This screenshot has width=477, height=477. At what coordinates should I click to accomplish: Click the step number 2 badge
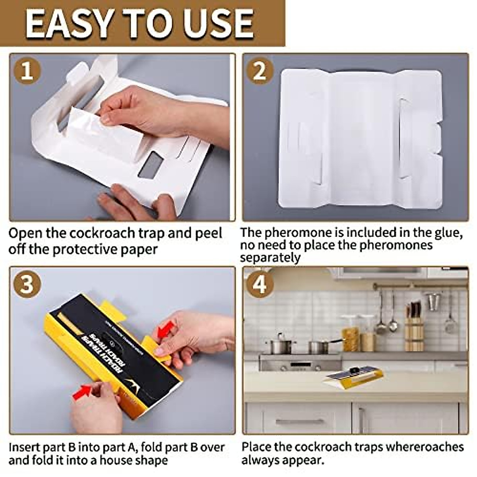point(260,72)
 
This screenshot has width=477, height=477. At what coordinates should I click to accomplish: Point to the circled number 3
point(27,285)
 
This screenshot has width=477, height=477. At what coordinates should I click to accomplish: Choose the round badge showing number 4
point(260,285)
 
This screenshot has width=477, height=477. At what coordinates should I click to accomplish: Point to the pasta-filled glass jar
point(350,334)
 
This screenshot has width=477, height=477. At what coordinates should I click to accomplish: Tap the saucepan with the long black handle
point(320,346)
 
